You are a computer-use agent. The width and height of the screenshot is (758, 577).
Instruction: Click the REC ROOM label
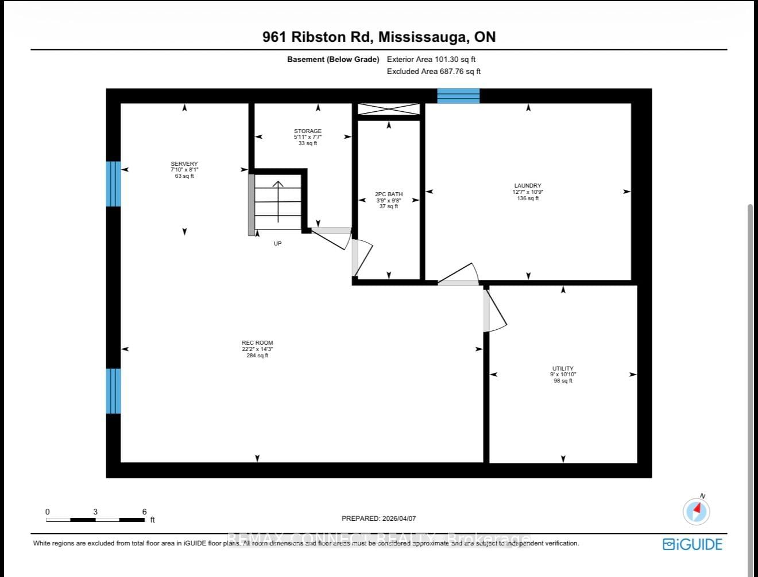pos(257,343)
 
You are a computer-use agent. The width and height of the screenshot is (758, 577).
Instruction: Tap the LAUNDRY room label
pos(527,186)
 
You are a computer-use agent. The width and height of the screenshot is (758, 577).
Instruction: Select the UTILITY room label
pos(563,369)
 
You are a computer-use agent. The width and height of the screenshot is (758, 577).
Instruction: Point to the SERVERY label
pos(184,164)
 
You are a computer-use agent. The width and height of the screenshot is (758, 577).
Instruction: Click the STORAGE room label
pos(308,131)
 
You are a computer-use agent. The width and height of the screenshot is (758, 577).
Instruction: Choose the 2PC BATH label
pos(389,194)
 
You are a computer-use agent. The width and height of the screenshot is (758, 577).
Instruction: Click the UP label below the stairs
pos(277,244)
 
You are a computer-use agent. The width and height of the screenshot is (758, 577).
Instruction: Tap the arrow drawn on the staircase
pos(279,201)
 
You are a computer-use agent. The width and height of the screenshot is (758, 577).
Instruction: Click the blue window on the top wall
pos(458,96)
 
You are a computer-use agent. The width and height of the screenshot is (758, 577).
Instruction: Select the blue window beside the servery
pos(113,184)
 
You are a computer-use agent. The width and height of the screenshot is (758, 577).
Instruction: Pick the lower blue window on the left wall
pos(113,391)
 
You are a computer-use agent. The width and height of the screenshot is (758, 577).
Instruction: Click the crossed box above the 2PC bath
pos(389,109)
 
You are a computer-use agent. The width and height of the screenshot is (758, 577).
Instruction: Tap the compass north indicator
pos(697,510)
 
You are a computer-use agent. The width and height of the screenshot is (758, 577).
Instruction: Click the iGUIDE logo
pos(692,544)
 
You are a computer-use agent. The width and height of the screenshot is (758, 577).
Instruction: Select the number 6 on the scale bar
pos(144,512)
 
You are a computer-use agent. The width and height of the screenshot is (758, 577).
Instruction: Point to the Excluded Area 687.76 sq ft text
pos(434,72)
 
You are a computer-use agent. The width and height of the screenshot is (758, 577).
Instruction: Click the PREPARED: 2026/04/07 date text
pos(378,518)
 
